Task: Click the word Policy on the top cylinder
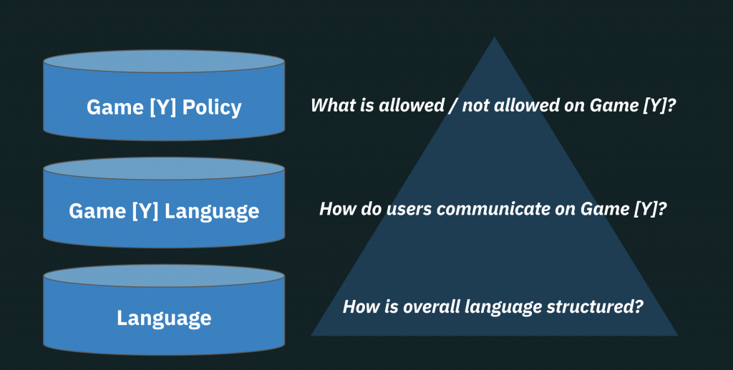click(x=212, y=107)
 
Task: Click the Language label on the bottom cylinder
click(x=164, y=318)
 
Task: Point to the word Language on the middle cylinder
click(x=211, y=211)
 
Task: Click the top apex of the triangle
click(x=494, y=39)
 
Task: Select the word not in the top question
click(x=476, y=106)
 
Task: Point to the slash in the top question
click(x=452, y=106)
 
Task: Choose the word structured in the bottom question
click(x=598, y=307)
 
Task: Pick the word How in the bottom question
click(x=360, y=307)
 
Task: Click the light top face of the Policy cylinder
click(x=164, y=62)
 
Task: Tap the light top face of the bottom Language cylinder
click(x=164, y=276)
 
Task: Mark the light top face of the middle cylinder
click(x=164, y=169)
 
